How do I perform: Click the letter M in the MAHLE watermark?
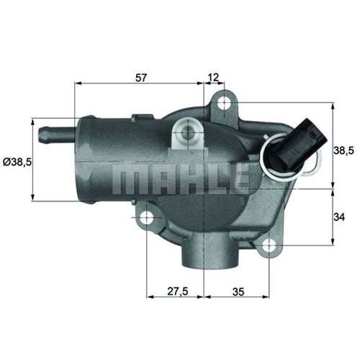(x=127, y=175)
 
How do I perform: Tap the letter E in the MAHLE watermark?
(x=240, y=175)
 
